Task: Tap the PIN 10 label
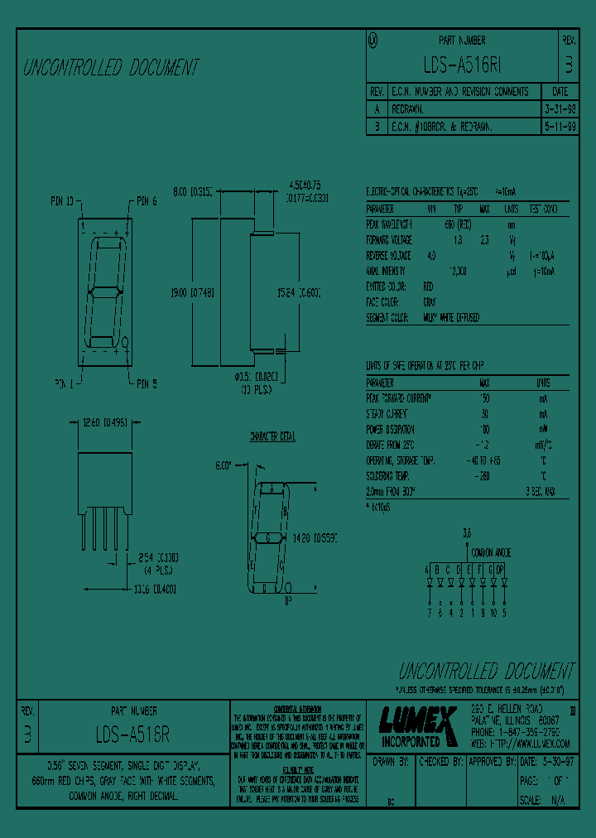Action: coord(63,200)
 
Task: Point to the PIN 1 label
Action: coord(64,383)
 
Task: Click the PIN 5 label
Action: coord(146,383)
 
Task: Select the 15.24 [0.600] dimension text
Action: coord(299,292)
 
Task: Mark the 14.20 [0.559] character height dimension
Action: coord(316,537)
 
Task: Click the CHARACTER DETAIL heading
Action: coord(272,436)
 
